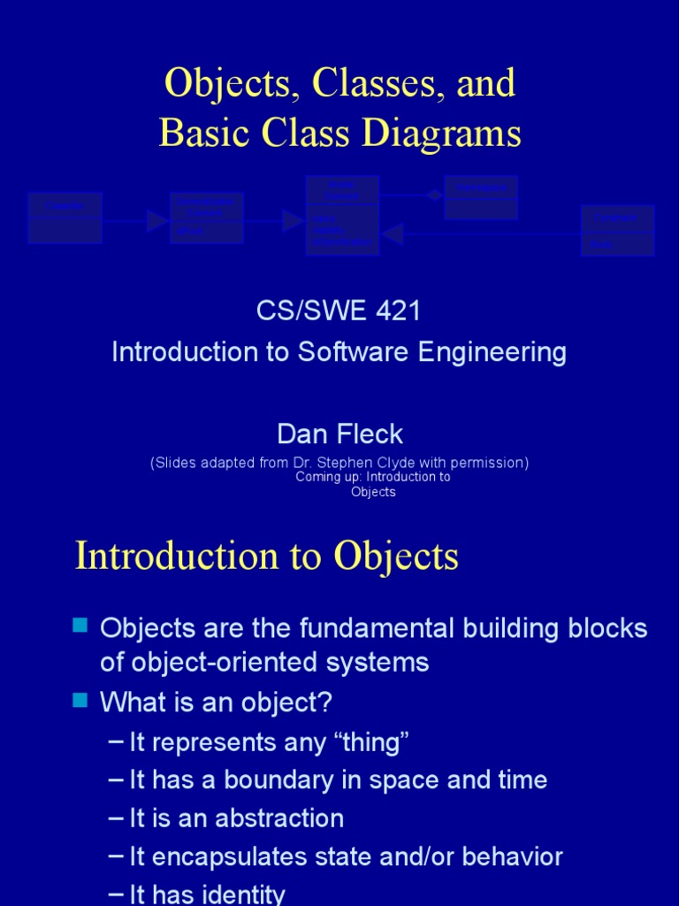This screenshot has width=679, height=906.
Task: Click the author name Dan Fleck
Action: tap(339, 434)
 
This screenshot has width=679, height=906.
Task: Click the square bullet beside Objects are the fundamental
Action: tap(80, 626)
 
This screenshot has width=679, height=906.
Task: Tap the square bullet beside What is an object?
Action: tap(80, 701)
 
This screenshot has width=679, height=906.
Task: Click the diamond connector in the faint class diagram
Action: tap(434, 196)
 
